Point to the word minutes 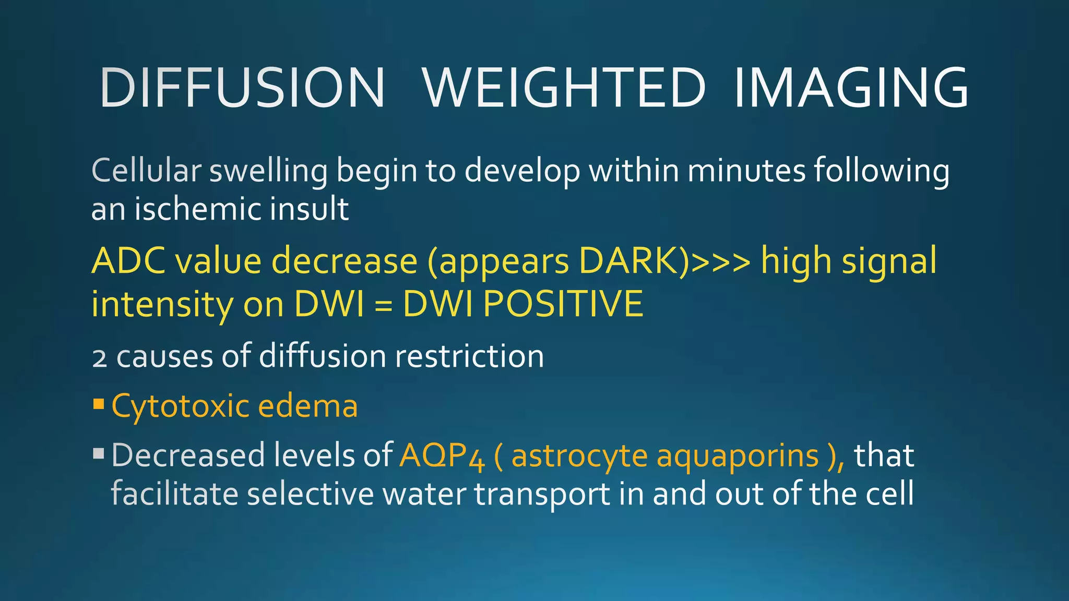pos(746,170)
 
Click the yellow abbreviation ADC pos(129,260)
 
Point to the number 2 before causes pos(99,358)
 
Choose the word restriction pos(469,356)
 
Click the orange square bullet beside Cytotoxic pos(99,404)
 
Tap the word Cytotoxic pos(181,406)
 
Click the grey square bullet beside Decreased pos(99,452)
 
